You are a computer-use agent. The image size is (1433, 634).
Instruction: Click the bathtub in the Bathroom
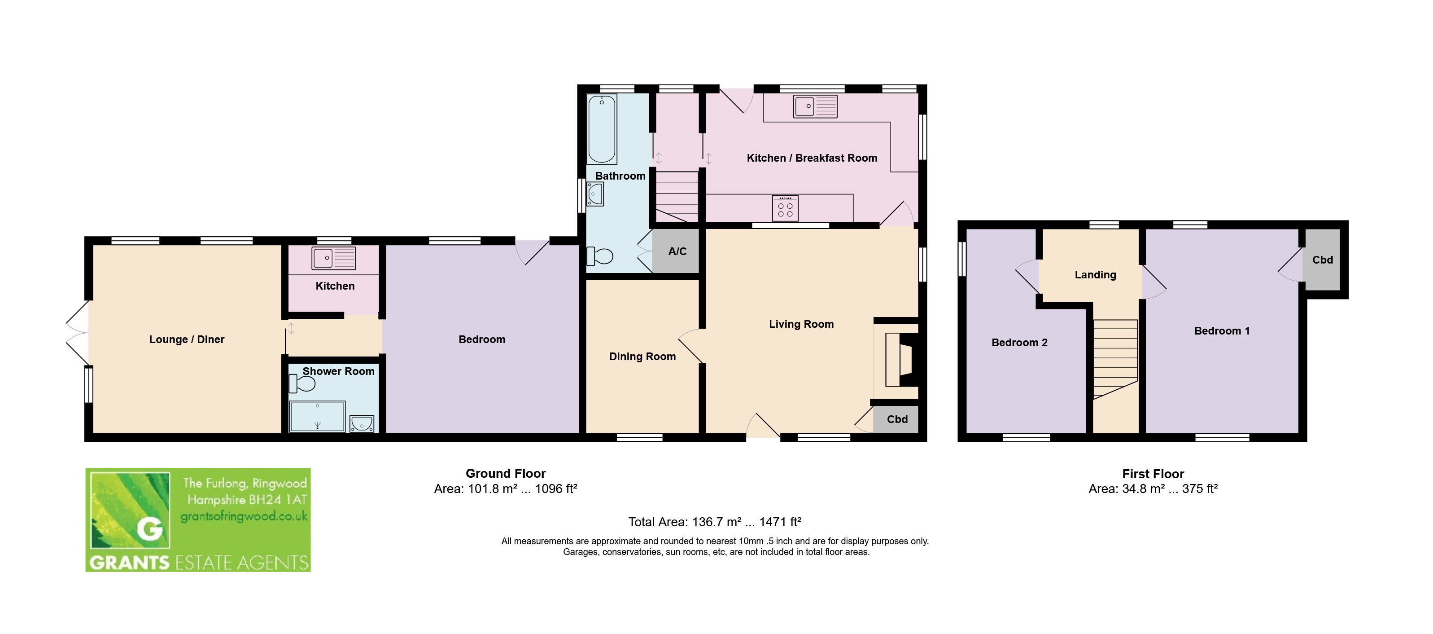(x=602, y=129)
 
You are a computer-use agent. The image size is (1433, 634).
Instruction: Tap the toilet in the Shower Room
(x=302, y=383)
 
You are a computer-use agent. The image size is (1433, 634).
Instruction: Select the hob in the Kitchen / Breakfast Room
(x=785, y=208)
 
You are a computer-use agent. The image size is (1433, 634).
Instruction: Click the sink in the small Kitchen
(x=334, y=258)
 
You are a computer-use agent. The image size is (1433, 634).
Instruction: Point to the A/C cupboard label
(x=677, y=251)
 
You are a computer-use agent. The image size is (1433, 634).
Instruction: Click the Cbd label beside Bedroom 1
(x=1322, y=260)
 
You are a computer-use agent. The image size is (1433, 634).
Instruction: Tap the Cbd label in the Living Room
(x=897, y=419)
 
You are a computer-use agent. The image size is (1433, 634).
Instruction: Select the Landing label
(x=1095, y=274)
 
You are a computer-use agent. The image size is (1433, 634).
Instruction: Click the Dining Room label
(x=642, y=356)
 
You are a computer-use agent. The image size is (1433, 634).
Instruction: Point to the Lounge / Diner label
(x=187, y=339)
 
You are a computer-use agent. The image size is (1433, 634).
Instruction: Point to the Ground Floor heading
(x=506, y=473)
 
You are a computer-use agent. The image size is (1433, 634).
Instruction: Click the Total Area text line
(x=715, y=522)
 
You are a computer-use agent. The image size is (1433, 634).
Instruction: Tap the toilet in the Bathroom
(x=600, y=256)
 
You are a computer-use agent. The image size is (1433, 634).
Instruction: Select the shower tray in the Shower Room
(x=318, y=416)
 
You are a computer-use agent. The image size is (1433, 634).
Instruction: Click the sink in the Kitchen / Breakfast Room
(x=815, y=106)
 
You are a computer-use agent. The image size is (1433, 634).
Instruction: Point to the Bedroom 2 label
(x=1020, y=342)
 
